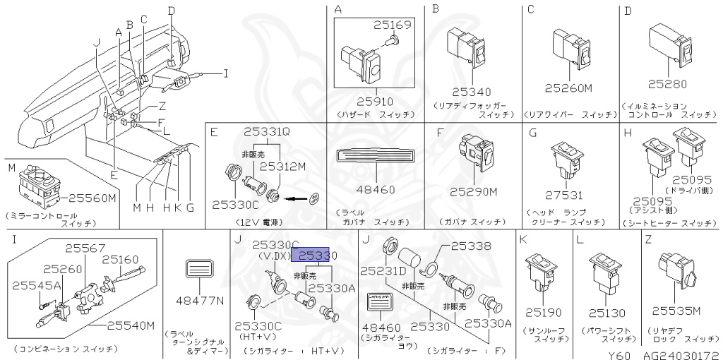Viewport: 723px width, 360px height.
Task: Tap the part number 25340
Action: pyautogui.click(x=470, y=92)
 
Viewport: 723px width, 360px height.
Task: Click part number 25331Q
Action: pyautogui.click(x=267, y=131)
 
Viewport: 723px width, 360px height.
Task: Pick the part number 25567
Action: pyautogui.click(x=85, y=248)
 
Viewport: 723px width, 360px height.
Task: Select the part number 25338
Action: pyautogui.click(x=470, y=246)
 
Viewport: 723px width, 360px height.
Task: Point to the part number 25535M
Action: pyautogui.click(x=676, y=311)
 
